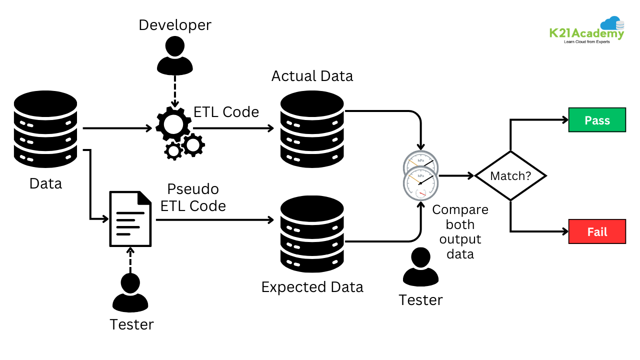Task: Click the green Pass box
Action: (x=597, y=120)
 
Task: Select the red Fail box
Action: (x=597, y=231)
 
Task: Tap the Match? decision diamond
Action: (x=510, y=176)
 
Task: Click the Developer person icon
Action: (x=175, y=56)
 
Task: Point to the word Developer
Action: (x=174, y=25)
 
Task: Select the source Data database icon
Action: (x=45, y=129)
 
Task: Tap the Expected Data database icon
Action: (x=312, y=234)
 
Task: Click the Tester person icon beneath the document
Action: (x=130, y=293)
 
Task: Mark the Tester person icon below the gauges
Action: (x=420, y=267)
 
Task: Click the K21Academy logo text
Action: (x=586, y=34)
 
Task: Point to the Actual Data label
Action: (x=312, y=76)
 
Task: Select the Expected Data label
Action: (x=312, y=287)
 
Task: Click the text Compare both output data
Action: (x=460, y=231)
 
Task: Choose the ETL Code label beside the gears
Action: (x=226, y=111)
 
